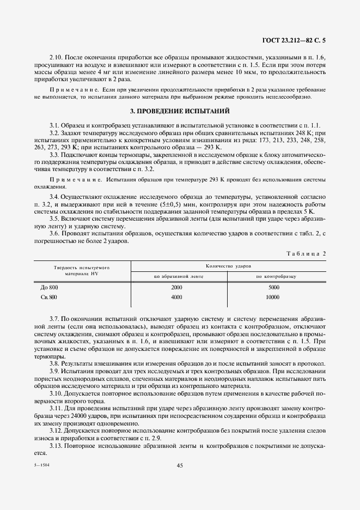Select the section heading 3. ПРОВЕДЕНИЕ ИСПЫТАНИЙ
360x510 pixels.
point(180,111)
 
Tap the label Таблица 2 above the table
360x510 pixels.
point(306,253)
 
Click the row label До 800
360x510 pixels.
point(49,287)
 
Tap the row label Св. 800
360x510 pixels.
point(49,297)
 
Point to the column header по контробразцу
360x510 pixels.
point(276,276)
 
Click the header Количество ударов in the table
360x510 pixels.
point(228,265)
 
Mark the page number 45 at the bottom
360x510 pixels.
point(180,465)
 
